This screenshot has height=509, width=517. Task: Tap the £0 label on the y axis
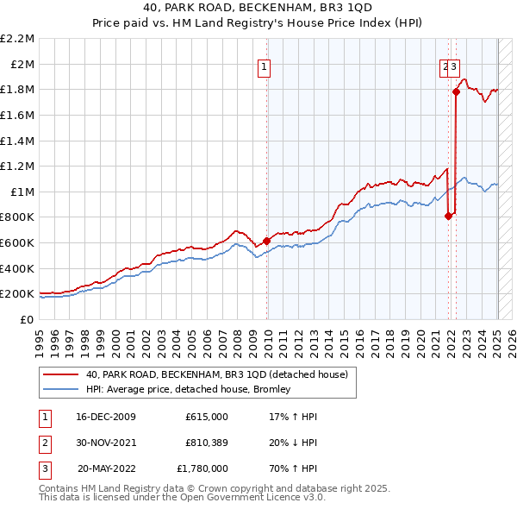coord(28,319)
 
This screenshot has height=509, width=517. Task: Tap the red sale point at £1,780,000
coord(456,92)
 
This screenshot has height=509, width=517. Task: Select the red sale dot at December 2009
coord(266,241)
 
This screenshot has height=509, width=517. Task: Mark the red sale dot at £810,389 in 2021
coord(449,216)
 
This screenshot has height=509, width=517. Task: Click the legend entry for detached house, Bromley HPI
coord(188,389)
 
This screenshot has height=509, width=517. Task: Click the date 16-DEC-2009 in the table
coord(106,417)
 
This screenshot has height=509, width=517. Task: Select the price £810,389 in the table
coord(207,443)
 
